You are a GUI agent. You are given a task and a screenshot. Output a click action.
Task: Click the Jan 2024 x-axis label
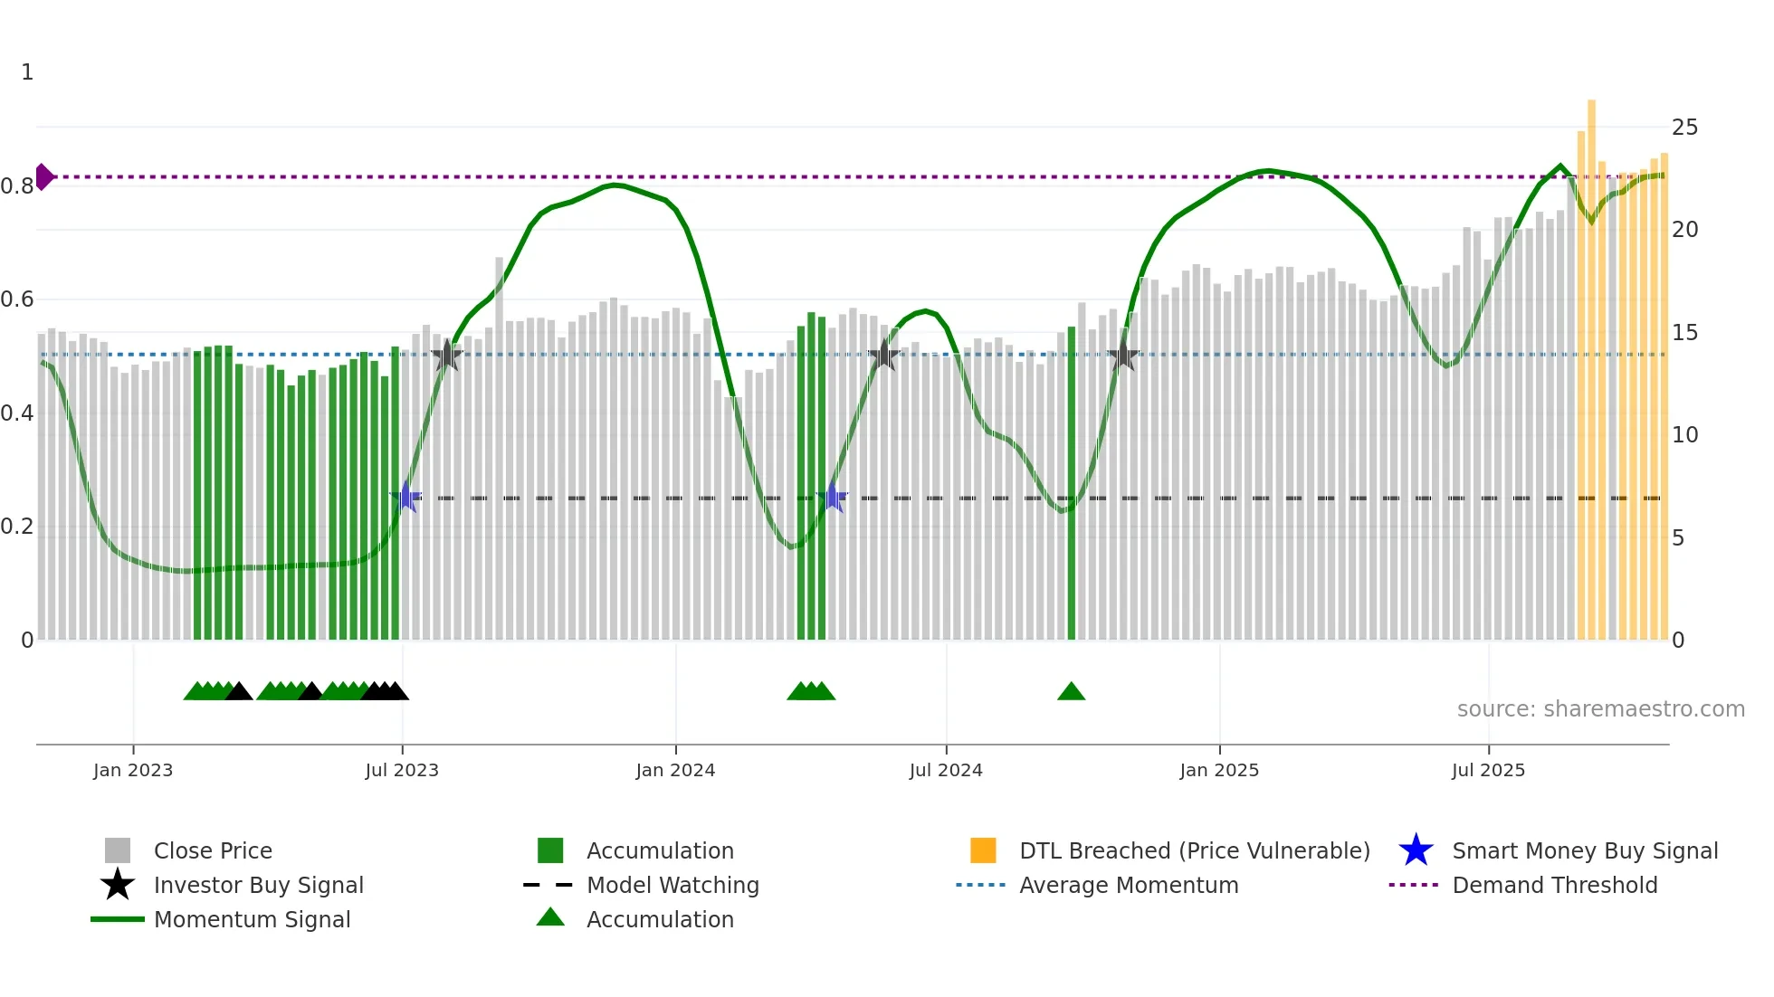coord(675,771)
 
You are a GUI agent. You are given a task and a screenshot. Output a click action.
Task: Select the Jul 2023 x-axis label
coord(402,771)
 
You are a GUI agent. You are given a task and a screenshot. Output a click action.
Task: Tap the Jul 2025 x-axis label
coord(1488,771)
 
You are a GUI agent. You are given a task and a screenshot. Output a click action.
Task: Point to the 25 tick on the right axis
coord(1684,128)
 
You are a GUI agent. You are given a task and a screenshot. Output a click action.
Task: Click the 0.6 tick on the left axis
coord(17,299)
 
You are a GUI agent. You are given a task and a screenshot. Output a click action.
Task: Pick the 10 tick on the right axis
coord(1684,435)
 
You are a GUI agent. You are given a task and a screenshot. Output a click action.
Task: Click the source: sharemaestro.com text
coord(1600,709)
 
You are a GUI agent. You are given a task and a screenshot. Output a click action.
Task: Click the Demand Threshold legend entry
coord(1554,886)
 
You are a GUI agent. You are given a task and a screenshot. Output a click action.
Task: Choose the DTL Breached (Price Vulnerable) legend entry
coord(1194,851)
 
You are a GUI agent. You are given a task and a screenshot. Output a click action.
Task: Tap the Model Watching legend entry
coord(672,886)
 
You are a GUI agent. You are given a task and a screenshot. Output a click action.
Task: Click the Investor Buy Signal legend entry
coord(258,886)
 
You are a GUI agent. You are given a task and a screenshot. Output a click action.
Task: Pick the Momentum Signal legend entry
coord(252,920)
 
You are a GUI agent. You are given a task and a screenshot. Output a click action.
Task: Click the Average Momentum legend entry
coord(1128,886)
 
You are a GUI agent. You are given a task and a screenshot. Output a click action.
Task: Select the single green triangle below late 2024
coord(1071,692)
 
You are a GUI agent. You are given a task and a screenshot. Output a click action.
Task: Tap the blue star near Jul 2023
coord(405,497)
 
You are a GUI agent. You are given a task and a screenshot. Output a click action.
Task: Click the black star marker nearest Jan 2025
coord(1122,356)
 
